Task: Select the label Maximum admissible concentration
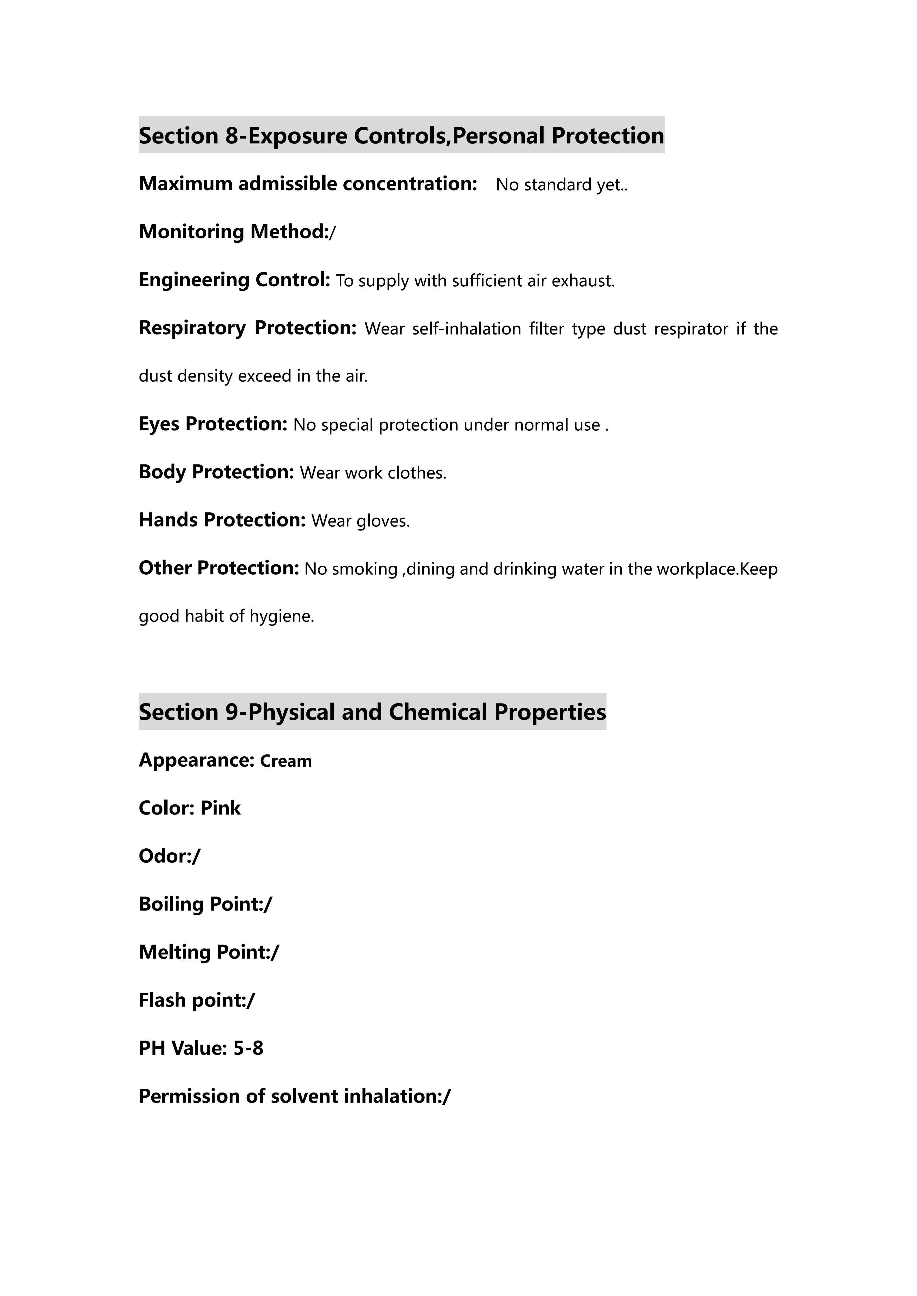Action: [308, 184]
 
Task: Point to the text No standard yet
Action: [561, 185]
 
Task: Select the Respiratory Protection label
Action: [247, 328]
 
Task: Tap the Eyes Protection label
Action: [213, 424]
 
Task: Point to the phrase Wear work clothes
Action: [373, 473]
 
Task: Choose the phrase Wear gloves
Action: [360, 521]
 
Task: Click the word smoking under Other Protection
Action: [365, 569]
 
